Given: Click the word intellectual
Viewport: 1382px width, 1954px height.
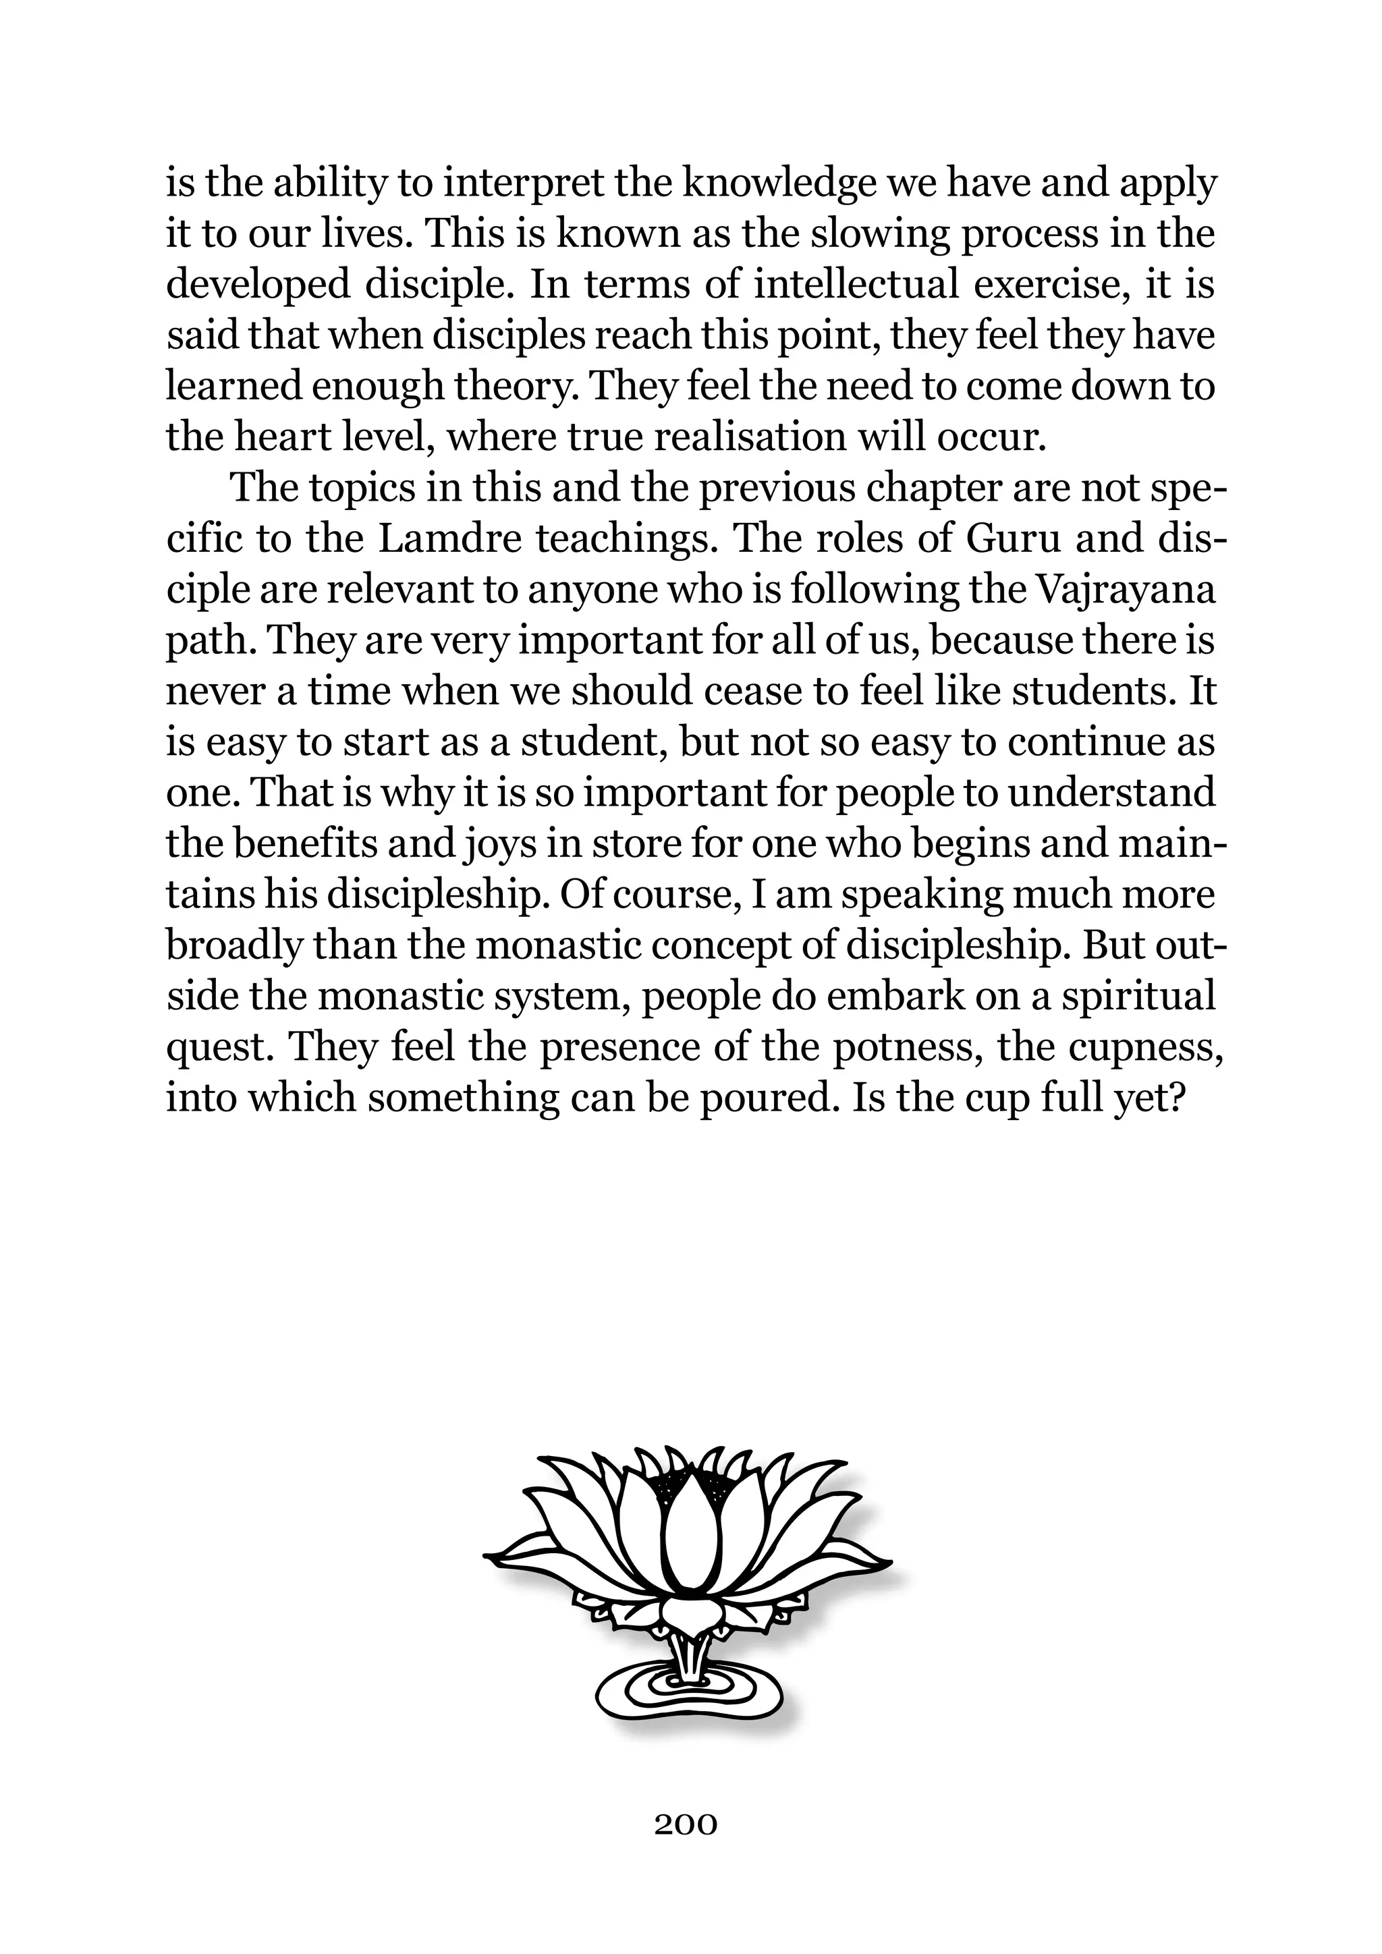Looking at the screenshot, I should point(856,285).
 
